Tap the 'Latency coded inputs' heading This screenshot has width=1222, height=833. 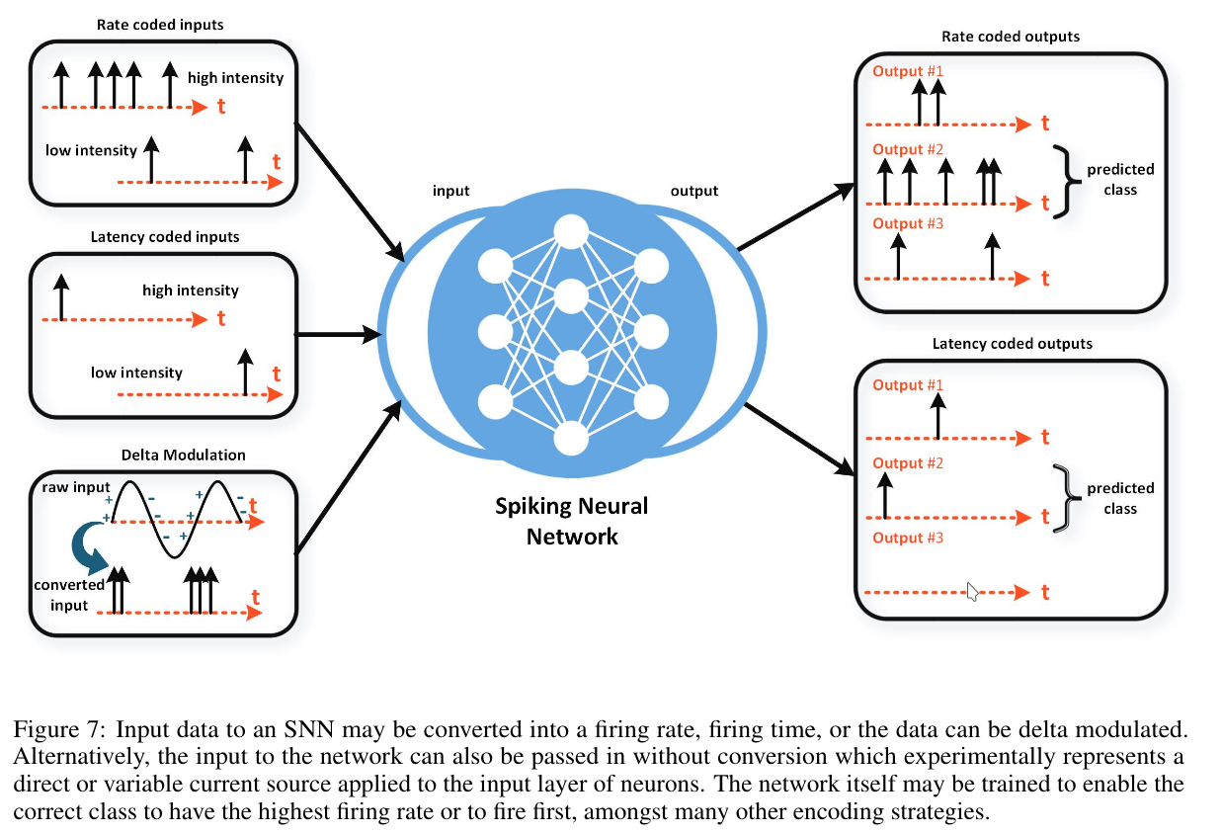(164, 237)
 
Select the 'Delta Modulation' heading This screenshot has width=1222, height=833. (183, 455)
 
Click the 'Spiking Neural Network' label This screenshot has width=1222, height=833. (571, 521)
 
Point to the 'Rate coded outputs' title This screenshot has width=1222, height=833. (1011, 37)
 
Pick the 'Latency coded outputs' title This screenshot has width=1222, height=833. (1012, 344)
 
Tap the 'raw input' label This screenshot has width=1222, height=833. (75, 488)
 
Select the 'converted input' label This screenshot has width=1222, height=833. (69, 595)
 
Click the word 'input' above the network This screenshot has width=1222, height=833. (450, 191)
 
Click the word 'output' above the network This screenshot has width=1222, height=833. (694, 191)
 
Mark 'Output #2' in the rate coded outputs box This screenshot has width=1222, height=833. (908, 149)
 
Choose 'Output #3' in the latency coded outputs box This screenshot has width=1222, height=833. (908, 538)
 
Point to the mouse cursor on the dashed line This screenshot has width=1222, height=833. (973, 591)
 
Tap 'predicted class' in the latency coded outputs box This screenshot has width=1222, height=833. (1120, 498)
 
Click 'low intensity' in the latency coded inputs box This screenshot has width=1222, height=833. (136, 373)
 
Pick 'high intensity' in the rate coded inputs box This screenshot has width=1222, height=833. (235, 77)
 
